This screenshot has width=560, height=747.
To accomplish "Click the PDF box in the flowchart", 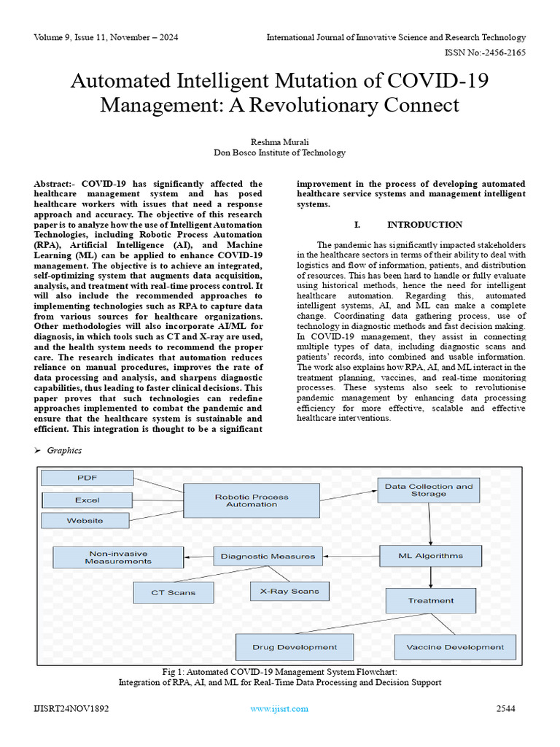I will pyautogui.click(x=87, y=478).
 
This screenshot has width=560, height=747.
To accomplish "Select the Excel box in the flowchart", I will pyautogui.click(x=87, y=500).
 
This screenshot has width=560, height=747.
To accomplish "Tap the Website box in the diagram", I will pyautogui.click(x=85, y=520).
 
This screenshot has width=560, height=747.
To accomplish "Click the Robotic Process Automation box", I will pyautogui.click(x=251, y=500).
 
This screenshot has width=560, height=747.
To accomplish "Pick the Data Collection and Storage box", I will pyautogui.click(x=429, y=490).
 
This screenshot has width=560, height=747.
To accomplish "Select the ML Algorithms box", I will pyautogui.click(x=430, y=556).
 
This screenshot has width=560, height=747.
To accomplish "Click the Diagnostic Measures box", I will pyautogui.click(x=268, y=556).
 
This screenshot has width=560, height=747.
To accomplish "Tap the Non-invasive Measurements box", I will pyautogui.click(x=118, y=557).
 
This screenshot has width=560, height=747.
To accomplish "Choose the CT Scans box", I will pyautogui.click(x=174, y=592).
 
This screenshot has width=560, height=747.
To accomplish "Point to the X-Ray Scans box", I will pyautogui.click(x=289, y=591).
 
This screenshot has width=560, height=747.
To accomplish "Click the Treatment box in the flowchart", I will pyautogui.click(x=430, y=600).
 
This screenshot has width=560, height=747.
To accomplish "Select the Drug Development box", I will pyautogui.click(x=295, y=647).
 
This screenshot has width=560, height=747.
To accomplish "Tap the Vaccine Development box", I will pyautogui.click(x=454, y=647).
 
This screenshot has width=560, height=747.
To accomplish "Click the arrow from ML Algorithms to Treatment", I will pyautogui.click(x=431, y=578).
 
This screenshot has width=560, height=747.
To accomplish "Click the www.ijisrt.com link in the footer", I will pyautogui.click(x=279, y=708).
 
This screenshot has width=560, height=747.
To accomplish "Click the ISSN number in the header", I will pyautogui.click(x=485, y=53).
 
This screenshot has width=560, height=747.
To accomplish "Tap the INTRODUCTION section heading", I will pyautogui.click(x=424, y=225).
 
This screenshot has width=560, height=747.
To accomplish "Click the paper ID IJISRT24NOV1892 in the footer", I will pyautogui.click(x=71, y=708).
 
